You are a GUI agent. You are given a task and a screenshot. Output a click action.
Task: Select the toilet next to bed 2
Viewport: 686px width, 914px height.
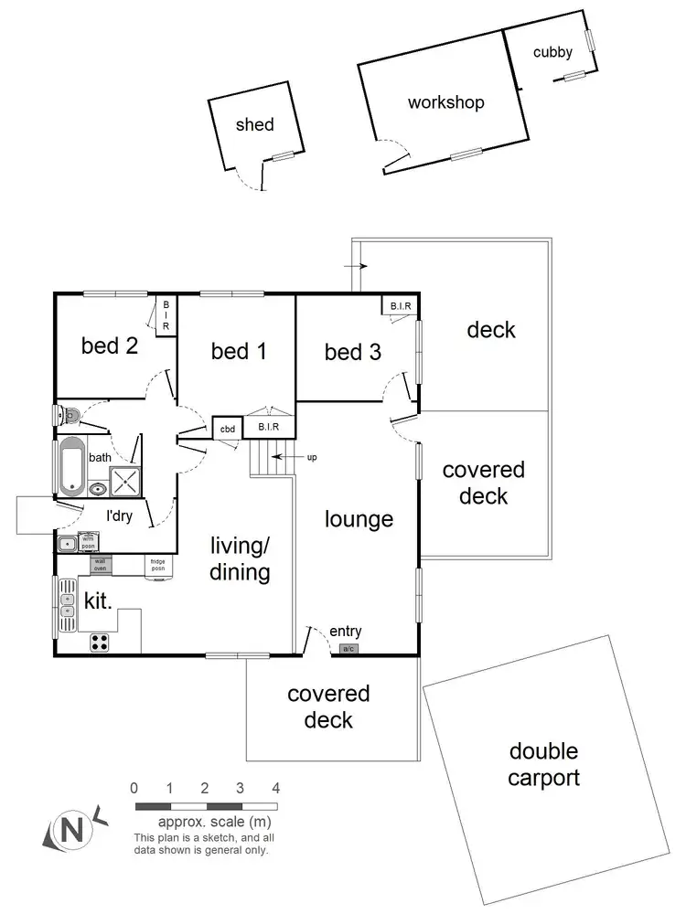click(x=70, y=416)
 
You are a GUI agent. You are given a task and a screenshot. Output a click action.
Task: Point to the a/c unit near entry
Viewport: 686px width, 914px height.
click(x=348, y=649)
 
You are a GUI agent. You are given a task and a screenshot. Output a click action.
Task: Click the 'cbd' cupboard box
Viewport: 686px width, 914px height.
click(x=226, y=428)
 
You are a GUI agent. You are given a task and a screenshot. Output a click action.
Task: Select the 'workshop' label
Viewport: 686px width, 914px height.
click(x=445, y=102)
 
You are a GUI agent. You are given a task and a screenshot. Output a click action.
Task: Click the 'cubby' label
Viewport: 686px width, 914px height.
click(x=552, y=52)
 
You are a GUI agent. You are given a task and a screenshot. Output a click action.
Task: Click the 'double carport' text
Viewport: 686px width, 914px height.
click(x=543, y=765)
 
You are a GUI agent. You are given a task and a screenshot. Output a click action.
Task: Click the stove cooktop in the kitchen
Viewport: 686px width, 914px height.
click(x=100, y=643)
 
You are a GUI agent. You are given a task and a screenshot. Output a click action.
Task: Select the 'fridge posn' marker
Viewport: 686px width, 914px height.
click(x=157, y=564)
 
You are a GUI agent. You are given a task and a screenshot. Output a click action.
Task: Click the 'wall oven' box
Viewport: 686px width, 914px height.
click(x=101, y=564)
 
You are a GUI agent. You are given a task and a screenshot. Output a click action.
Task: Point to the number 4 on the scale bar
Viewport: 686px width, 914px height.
click(x=275, y=788)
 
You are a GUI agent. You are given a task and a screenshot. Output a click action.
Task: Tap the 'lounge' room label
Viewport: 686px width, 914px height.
click(x=359, y=519)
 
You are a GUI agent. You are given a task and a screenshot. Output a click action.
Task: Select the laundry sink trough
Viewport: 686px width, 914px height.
click(x=67, y=545)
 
